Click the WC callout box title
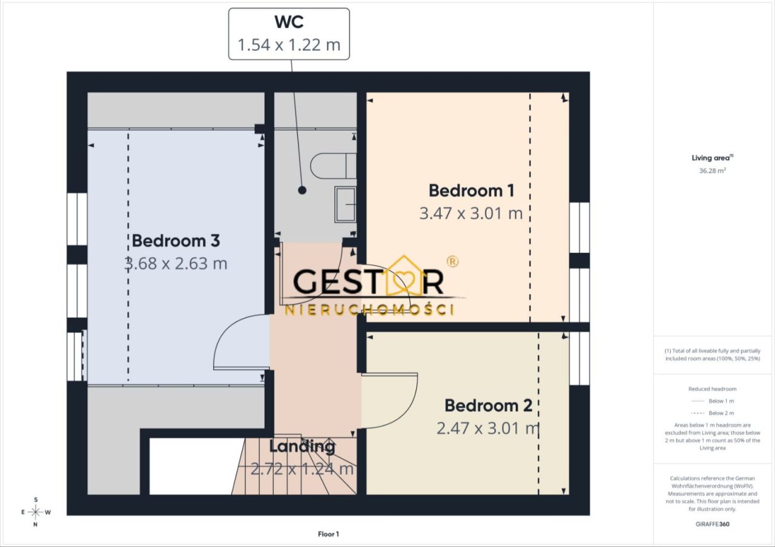click(x=289, y=22)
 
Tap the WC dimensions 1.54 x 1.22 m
click(x=289, y=45)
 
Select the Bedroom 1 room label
click(x=471, y=191)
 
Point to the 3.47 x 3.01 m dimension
click(x=471, y=214)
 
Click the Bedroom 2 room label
click(x=488, y=405)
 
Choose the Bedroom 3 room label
click(x=176, y=241)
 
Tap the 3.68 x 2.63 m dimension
click(x=176, y=263)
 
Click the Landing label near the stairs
click(x=302, y=447)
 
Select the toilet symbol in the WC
click(x=333, y=166)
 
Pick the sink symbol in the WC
click(x=345, y=205)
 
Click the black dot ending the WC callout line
click(x=302, y=190)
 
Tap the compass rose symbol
click(x=36, y=512)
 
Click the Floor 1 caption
click(x=328, y=534)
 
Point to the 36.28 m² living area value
click(x=712, y=171)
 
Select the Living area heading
click(x=712, y=158)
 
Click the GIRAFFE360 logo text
click(x=713, y=524)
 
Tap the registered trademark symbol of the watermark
click(x=452, y=261)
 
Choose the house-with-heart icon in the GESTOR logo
click(x=404, y=276)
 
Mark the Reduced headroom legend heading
click(x=713, y=389)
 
